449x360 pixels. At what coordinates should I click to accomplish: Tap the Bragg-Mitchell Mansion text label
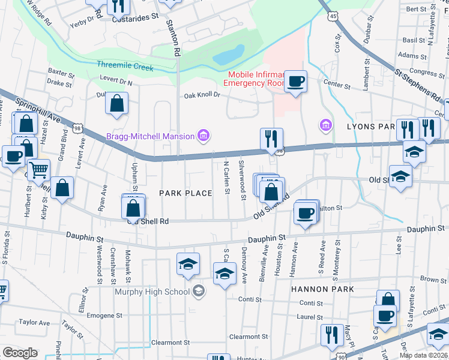tap(150, 136)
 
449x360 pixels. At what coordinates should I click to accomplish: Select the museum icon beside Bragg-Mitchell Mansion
tap(203, 136)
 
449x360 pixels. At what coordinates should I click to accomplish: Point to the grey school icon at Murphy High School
tap(199, 292)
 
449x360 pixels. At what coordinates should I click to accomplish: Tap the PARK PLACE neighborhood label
tap(185, 193)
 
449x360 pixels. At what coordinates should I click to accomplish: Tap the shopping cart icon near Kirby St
tap(39, 170)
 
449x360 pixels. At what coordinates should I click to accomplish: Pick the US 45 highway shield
tap(333, 17)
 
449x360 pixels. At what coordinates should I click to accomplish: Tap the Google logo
tap(20, 353)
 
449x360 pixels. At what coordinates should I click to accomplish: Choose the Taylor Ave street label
tap(34, 322)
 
